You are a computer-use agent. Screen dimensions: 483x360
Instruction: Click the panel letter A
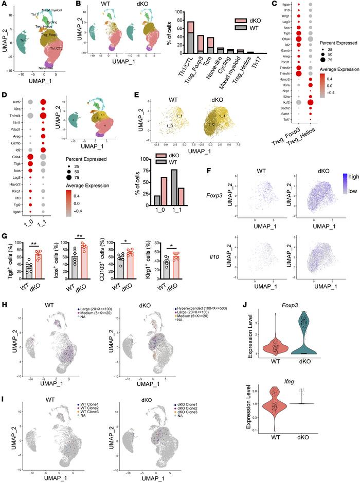click(x=4, y=5)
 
